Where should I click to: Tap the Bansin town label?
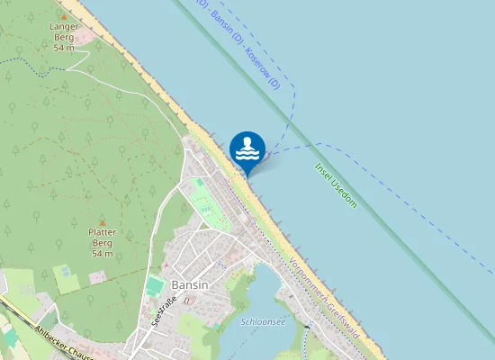[189, 284]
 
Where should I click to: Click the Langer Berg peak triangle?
[64, 16]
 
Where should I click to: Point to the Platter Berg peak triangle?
[102, 221]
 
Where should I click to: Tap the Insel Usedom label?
[336, 185]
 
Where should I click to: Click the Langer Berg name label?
[64, 32]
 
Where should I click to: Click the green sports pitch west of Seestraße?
[155, 286]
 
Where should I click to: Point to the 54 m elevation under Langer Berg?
[64, 48]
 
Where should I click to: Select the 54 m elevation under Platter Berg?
[102, 254]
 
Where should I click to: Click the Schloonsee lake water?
[252, 297]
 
